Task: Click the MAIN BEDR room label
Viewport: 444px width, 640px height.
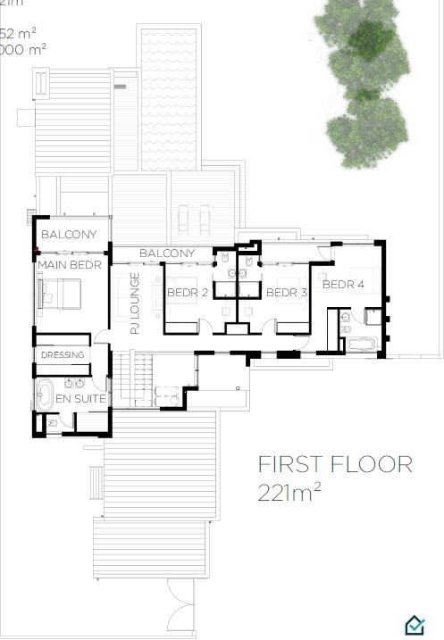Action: (x=70, y=265)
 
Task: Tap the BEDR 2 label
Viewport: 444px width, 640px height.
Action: (x=188, y=293)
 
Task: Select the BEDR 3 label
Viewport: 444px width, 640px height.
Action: (x=288, y=293)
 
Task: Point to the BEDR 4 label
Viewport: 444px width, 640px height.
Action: (x=343, y=285)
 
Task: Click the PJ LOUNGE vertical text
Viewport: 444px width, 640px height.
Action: (x=135, y=303)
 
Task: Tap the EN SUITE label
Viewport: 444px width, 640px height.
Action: (x=81, y=398)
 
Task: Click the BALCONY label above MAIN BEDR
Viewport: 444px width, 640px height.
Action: (x=69, y=235)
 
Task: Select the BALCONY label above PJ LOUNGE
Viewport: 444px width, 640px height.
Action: (x=167, y=254)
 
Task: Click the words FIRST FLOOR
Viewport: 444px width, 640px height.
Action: (x=335, y=464)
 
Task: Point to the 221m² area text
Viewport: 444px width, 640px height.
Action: (x=290, y=492)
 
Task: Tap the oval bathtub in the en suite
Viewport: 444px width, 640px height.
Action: (x=44, y=393)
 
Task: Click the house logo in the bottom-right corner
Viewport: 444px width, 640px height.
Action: (x=415, y=627)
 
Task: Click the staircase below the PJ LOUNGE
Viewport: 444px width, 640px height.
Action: (x=131, y=379)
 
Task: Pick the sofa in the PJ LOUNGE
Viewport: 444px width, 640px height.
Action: (x=120, y=304)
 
